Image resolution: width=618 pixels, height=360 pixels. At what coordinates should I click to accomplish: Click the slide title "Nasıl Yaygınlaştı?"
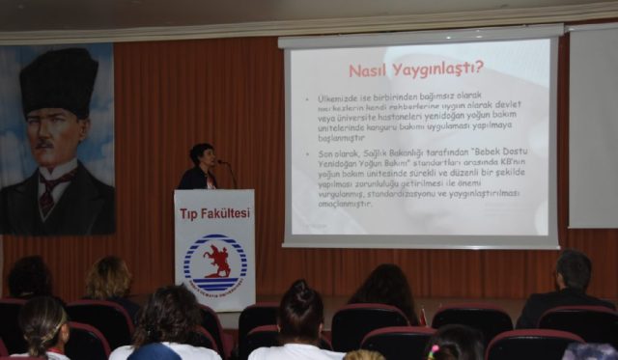click(x=416, y=69)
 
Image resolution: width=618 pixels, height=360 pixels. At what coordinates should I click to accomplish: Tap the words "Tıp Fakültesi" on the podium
click(x=213, y=213)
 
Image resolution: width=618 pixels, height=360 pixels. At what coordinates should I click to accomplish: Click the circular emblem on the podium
click(x=214, y=263)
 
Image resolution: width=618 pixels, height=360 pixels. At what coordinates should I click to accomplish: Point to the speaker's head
click(x=202, y=155)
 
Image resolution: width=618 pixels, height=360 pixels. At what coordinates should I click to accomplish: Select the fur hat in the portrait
click(x=59, y=81)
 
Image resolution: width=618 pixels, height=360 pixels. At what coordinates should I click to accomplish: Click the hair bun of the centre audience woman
click(x=300, y=290)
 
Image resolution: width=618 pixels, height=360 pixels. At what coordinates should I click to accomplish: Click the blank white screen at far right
click(x=593, y=125)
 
